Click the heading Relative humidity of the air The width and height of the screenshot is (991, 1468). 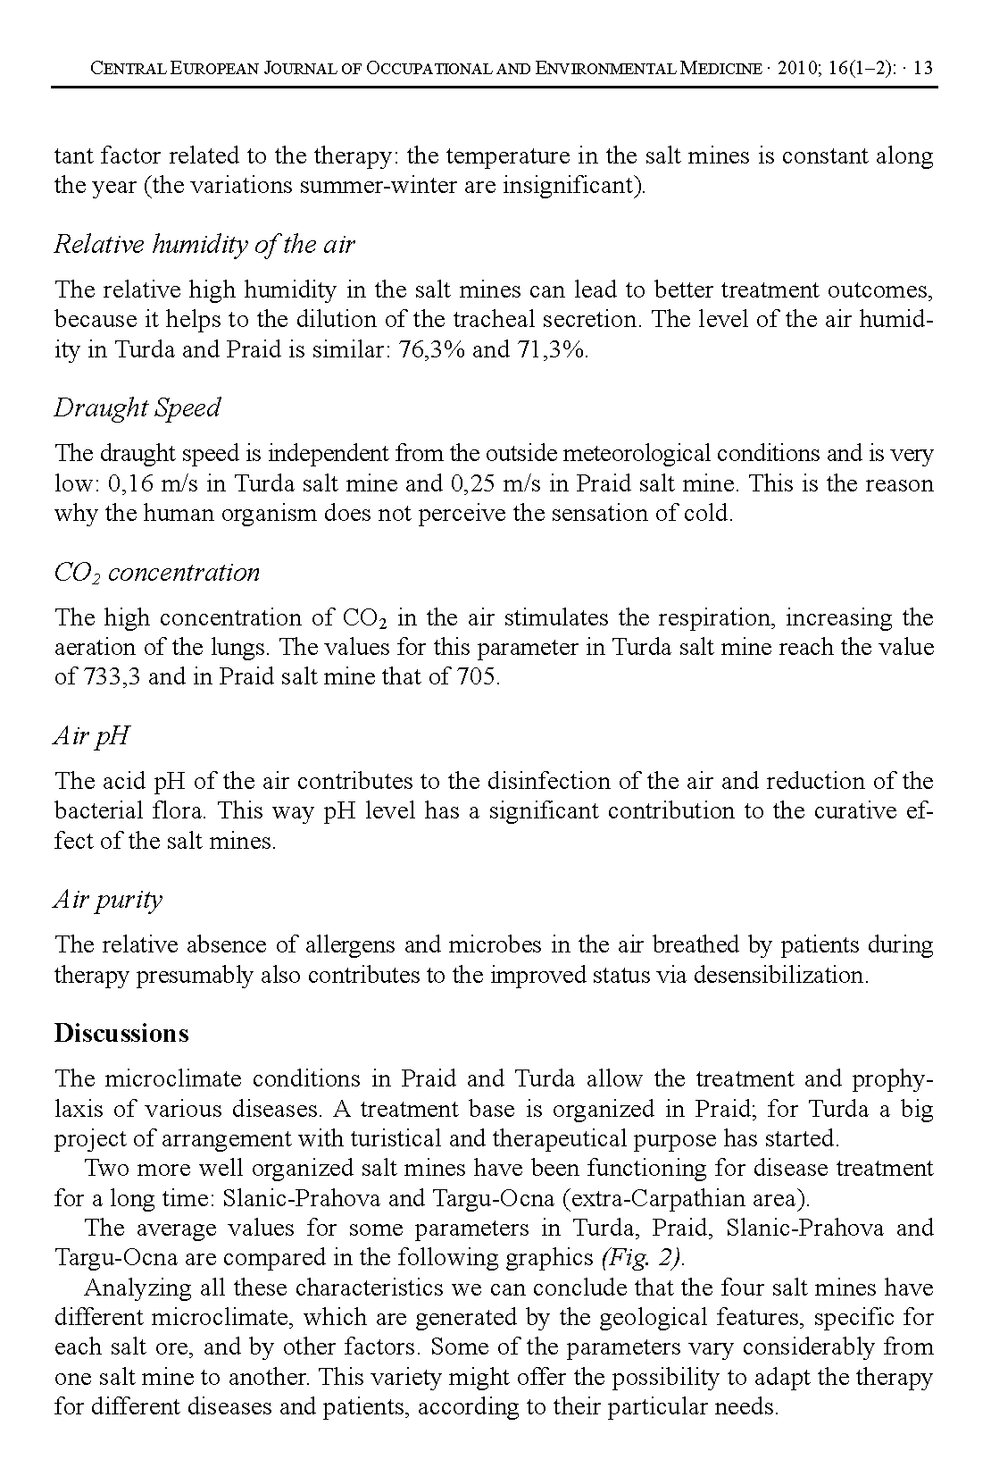[x=204, y=244]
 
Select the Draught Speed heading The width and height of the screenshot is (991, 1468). [x=137, y=407]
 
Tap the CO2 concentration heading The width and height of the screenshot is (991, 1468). [x=157, y=572]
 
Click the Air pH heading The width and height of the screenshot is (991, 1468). [x=92, y=735]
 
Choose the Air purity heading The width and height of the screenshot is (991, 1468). [x=108, y=899]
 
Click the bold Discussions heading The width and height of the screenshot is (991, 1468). [x=121, y=1033]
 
